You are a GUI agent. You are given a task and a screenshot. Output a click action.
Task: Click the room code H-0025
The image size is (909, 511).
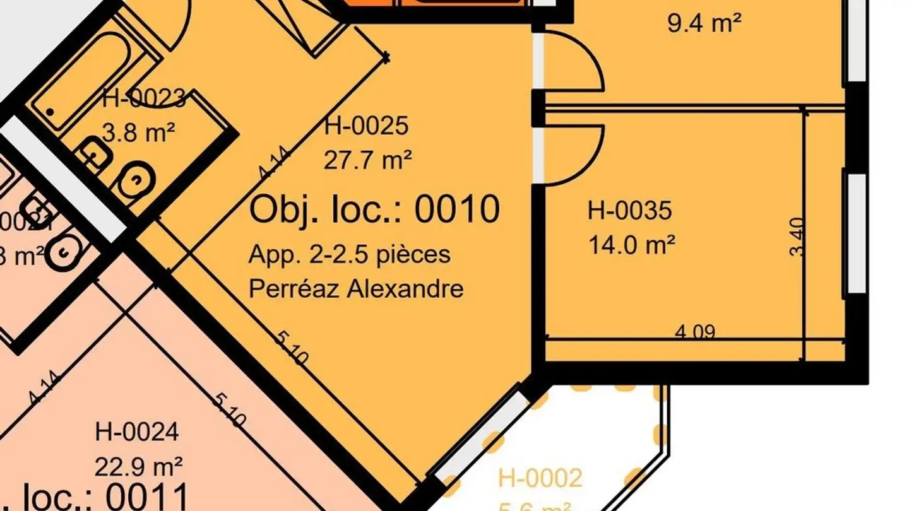(x=366, y=126)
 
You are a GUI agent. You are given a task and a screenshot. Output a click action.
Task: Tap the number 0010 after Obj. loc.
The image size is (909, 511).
(x=458, y=209)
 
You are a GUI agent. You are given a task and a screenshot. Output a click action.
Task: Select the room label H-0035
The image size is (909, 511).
(x=629, y=210)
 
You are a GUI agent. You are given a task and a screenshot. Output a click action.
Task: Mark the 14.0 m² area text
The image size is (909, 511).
(x=632, y=244)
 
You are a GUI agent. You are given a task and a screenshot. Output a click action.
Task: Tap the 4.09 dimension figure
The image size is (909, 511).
(x=695, y=331)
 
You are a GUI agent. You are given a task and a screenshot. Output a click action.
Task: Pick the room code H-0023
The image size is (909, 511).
(x=144, y=98)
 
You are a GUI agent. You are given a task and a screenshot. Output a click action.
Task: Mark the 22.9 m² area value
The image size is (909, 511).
(x=139, y=467)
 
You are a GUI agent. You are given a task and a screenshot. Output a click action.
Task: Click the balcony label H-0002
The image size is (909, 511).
(x=540, y=478)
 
